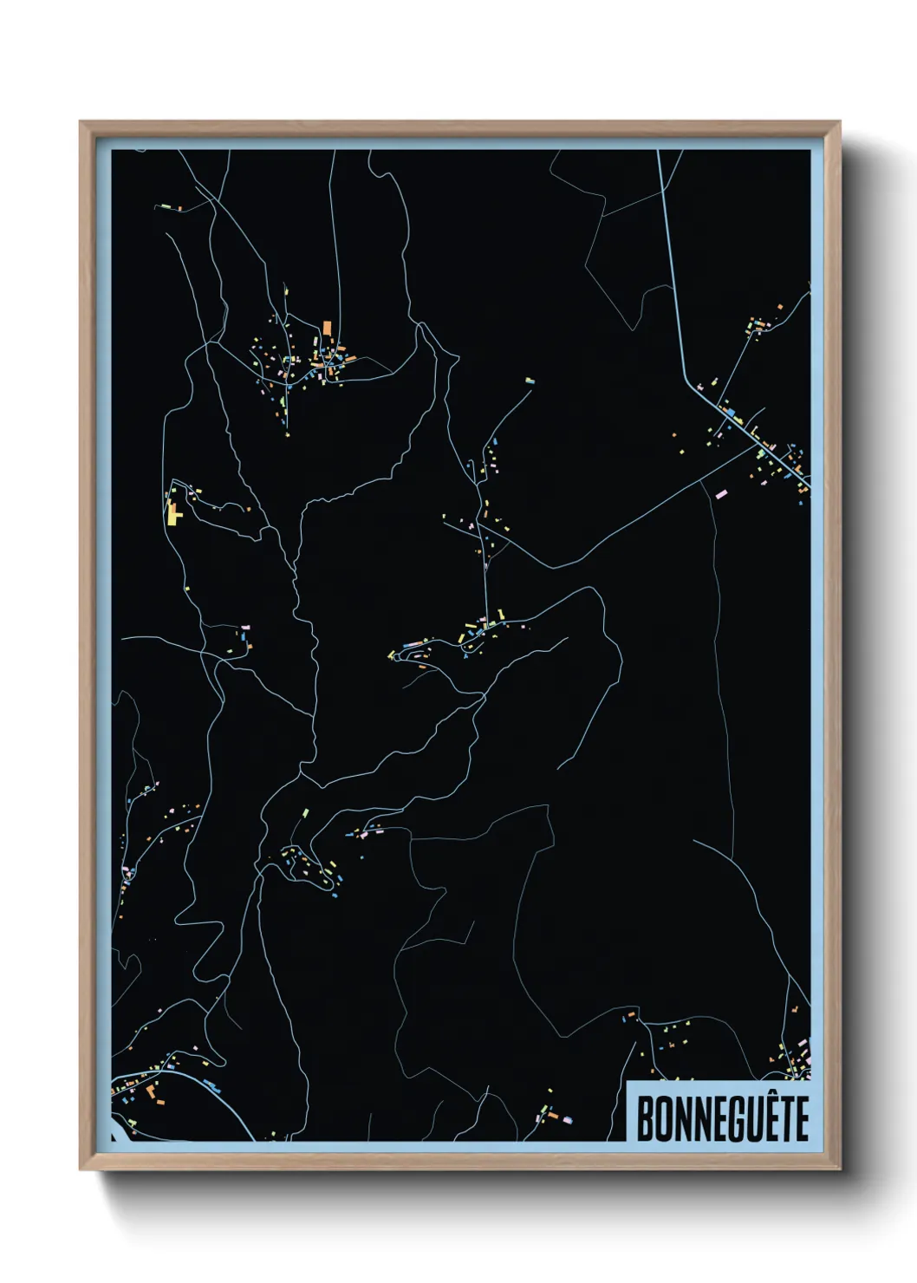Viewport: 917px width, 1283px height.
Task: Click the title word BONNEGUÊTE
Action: coord(723,1118)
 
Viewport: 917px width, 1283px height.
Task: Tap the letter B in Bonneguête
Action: coord(646,1118)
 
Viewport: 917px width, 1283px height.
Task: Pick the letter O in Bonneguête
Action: coord(664,1118)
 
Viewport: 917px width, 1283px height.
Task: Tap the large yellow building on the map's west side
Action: coord(173,513)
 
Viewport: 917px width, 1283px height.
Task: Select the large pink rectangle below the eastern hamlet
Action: coord(721,493)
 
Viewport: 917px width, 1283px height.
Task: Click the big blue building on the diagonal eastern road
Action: coord(729,412)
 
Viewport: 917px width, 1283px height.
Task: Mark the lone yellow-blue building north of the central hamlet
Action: coord(529,380)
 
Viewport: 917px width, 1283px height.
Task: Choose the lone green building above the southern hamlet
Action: coord(305,812)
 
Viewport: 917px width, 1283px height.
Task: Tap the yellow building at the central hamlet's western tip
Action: coord(391,655)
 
